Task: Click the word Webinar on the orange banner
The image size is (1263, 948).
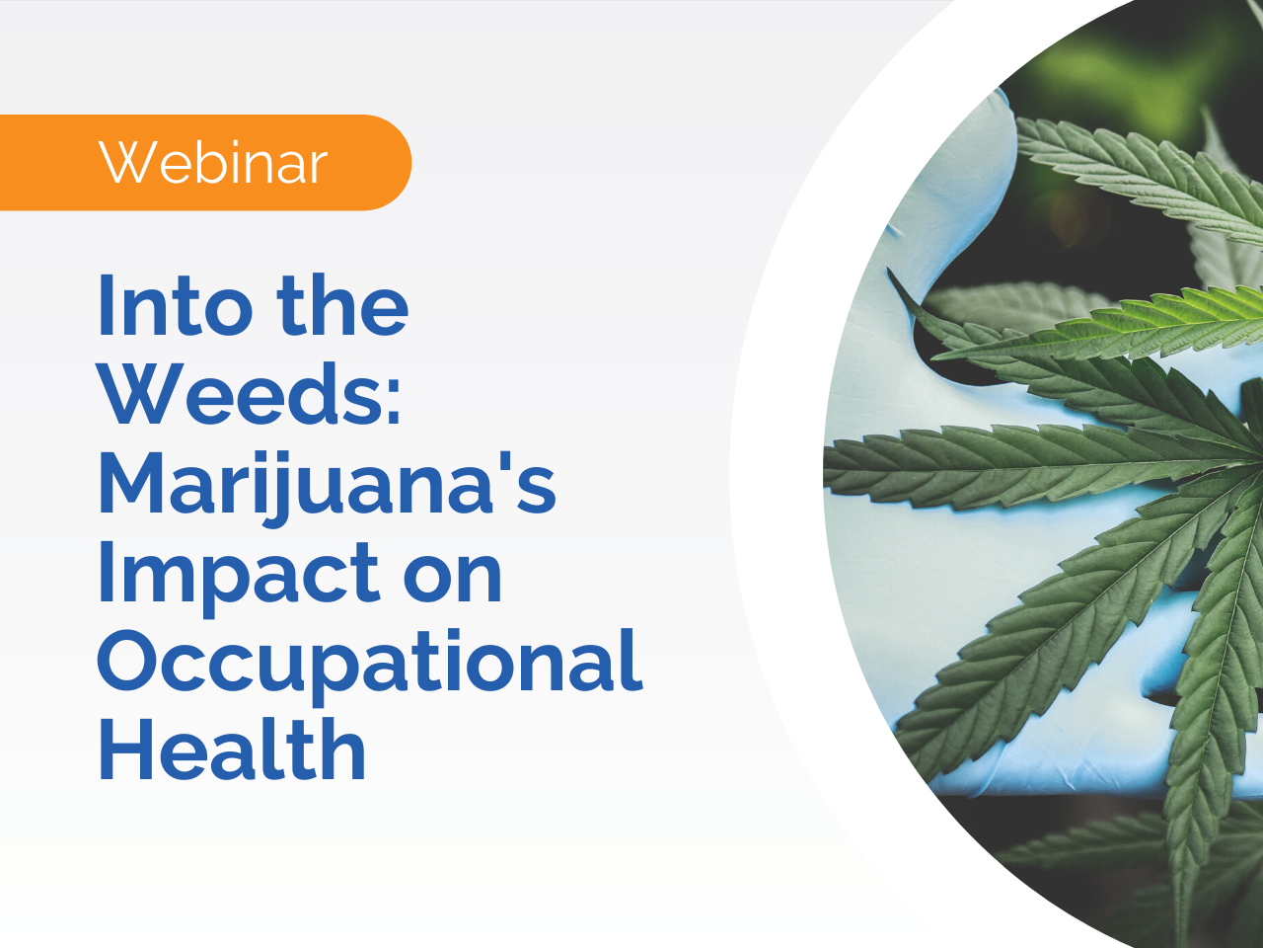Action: [213, 163]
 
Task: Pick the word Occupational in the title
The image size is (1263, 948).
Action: [370, 662]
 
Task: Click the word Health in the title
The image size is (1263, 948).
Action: [232, 750]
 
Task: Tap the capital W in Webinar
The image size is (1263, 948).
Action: [127, 163]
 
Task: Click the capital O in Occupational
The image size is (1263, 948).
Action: [128, 662]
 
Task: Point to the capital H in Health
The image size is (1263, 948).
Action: [122, 750]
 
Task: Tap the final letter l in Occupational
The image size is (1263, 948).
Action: [633, 657]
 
